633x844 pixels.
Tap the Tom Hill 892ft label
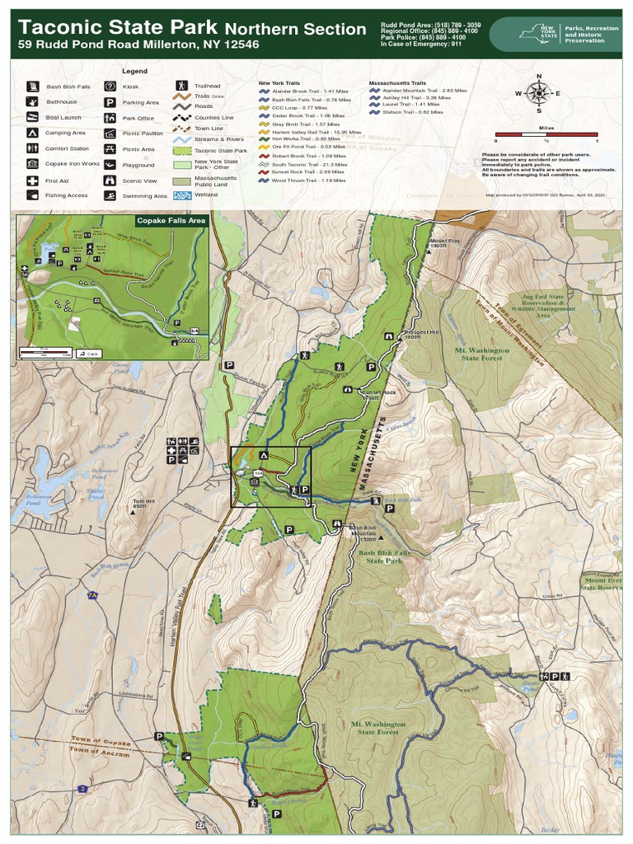(143, 504)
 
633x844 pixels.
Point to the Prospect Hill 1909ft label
(419, 335)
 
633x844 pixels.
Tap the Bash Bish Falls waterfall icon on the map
(375, 499)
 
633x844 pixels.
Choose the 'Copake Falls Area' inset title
(171, 221)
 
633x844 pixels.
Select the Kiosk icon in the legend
(110, 86)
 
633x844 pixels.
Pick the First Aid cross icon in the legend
(31, 181)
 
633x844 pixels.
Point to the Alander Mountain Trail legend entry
(418, 91)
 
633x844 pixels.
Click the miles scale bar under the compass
(546, 134)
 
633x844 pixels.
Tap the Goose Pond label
(121, 369)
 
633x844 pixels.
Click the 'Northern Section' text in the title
(296, 29)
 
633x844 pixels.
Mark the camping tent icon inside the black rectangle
(264, 455)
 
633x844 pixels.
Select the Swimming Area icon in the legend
(110, 196)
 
